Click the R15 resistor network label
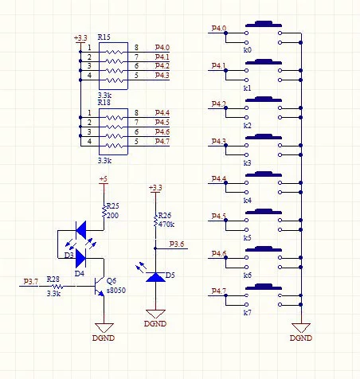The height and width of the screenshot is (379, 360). coord(104,37)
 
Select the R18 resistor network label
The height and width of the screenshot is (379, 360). coord(104,103)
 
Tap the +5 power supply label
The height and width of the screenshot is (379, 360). coord(104,179)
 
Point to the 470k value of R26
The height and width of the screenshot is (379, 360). coord(166,225)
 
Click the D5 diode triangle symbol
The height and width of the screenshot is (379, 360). coord(155,277)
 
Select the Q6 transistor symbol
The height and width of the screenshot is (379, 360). coord(99,287)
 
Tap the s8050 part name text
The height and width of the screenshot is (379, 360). coord(116,291)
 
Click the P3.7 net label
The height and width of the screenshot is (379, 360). coord(31,281)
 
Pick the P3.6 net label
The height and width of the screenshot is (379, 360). coord(177,244)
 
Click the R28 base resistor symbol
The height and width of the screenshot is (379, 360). coord(57,287)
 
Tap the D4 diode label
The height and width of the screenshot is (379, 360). coord(80,273)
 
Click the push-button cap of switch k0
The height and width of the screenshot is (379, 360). coord(264,24)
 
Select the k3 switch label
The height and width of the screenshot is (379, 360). coord(247,162)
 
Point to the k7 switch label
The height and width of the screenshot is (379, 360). coord(247,312)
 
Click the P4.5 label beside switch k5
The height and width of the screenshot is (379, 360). coord(219,216)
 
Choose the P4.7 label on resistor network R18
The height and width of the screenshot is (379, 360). coord(162,141)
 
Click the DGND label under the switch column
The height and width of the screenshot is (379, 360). coord(301,338)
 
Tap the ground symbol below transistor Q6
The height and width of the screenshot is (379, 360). coord(104,328)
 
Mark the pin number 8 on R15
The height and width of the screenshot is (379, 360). coord(136,48)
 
